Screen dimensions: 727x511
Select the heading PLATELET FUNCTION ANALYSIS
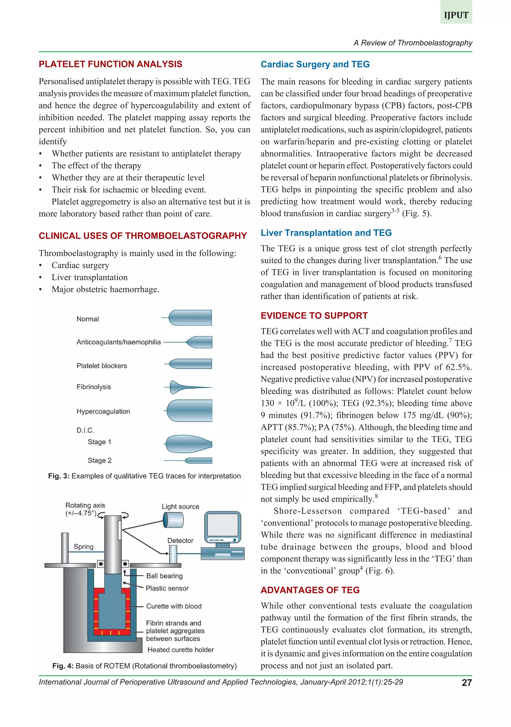coord(110,64)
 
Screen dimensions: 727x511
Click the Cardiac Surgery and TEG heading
coord(315,64)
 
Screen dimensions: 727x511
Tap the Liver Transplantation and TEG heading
coord(326,233)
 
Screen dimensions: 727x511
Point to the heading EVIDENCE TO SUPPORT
coord(314,316)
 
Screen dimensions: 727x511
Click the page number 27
coord(467,683)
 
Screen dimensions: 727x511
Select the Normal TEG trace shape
coord(190,318)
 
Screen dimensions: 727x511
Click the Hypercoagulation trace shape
coord(190,411)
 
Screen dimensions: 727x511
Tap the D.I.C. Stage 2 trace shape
coord(198,460)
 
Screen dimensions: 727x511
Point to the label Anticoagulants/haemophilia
coord(119,342)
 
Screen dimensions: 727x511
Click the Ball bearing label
coord(164,576)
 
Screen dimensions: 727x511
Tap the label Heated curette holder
coord(180,650)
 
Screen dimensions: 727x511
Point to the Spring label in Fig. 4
coord(84,547)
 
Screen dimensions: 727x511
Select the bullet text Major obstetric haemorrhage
coord(105,289)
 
